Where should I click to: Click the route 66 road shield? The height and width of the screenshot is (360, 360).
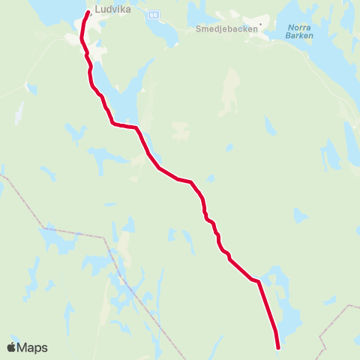154,14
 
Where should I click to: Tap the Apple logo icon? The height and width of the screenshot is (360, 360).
12,347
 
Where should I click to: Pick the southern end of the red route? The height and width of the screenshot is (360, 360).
278,347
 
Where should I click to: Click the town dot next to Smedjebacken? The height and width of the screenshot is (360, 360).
260,24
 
